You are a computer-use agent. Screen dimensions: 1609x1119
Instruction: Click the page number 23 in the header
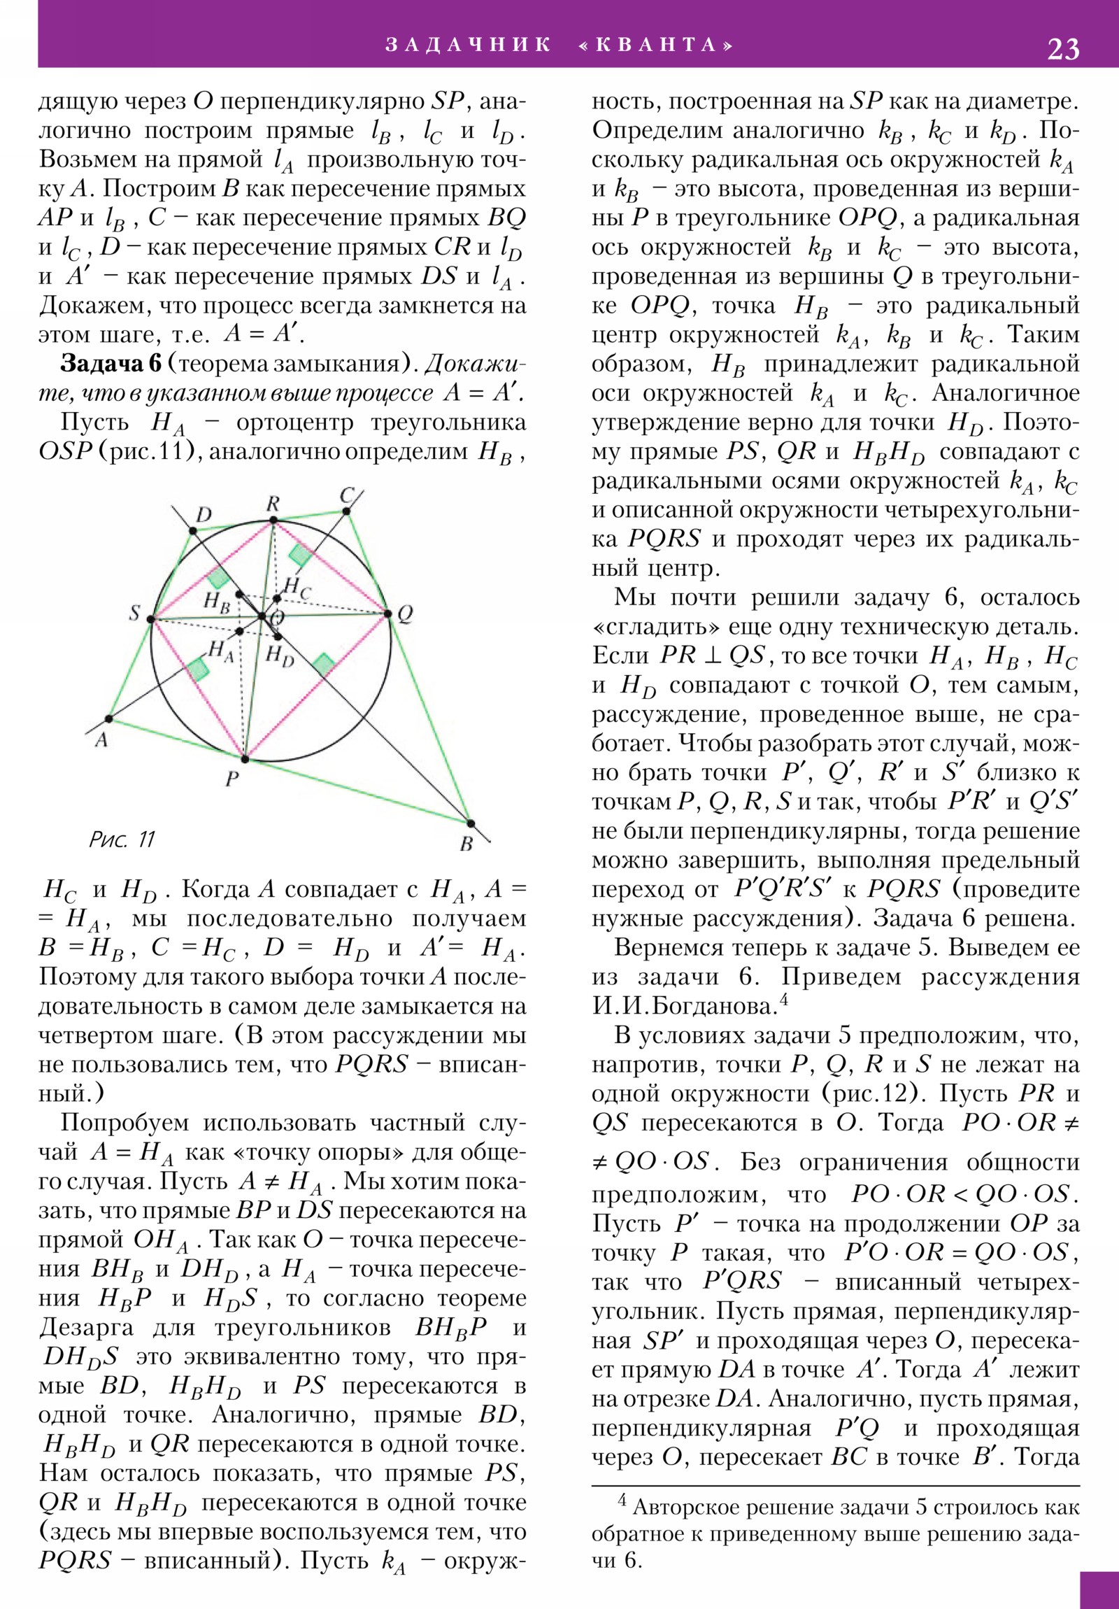(x=1063, y=49)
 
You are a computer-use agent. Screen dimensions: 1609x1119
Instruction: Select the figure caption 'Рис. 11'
(x=122, y=839)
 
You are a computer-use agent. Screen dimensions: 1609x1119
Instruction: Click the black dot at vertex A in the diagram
(x=108, y=719)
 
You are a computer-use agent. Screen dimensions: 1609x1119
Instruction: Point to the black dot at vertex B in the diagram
(x=470, y=823)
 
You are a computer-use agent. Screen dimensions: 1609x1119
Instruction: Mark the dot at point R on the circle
(x=273, y=520)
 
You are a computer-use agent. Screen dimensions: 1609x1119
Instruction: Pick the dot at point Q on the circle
(x=388, y=614)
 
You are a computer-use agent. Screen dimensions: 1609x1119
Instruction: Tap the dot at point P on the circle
(x=245, y=759)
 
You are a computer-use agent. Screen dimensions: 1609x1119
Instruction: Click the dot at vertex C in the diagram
(x=347, y=511)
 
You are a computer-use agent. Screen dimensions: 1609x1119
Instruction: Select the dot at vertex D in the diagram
(x=193, y=531)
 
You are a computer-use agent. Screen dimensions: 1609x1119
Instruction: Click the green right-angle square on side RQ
(x=300, y=555)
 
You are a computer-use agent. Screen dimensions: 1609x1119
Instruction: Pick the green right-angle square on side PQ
(x=323, y=664)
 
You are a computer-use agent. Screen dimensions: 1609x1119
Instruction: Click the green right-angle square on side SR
(x=218, y=576)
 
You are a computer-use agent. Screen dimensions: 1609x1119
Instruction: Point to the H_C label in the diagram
(x=297, y=588)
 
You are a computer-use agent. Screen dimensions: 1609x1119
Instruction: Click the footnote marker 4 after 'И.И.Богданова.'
(x=785, y=1000)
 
